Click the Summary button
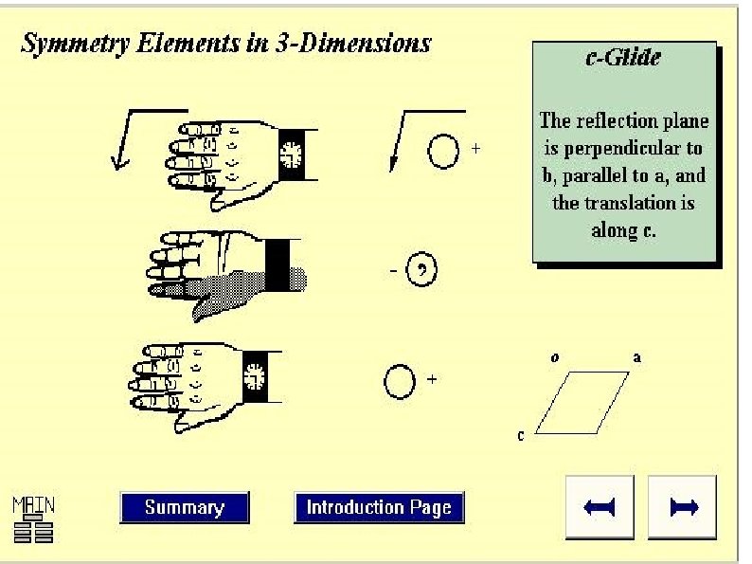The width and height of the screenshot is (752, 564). click(x=184, y=507)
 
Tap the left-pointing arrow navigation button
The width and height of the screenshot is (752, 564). click(x=600, y=507)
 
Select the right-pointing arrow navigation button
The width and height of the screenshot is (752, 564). click(x=683, y=507)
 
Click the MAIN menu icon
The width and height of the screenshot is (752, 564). click(x=33, y=518)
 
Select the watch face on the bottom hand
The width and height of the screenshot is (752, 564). click(x=253, y=376)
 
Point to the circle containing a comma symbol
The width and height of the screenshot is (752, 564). click(x=421, y=271)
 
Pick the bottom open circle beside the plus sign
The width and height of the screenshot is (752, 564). click(x=399, y=381)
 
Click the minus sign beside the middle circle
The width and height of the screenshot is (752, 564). click(x=393, y=271)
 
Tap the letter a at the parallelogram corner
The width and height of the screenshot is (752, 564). click(x=637, y=358)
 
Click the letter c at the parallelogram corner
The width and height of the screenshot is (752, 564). click(x=521, y=435)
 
